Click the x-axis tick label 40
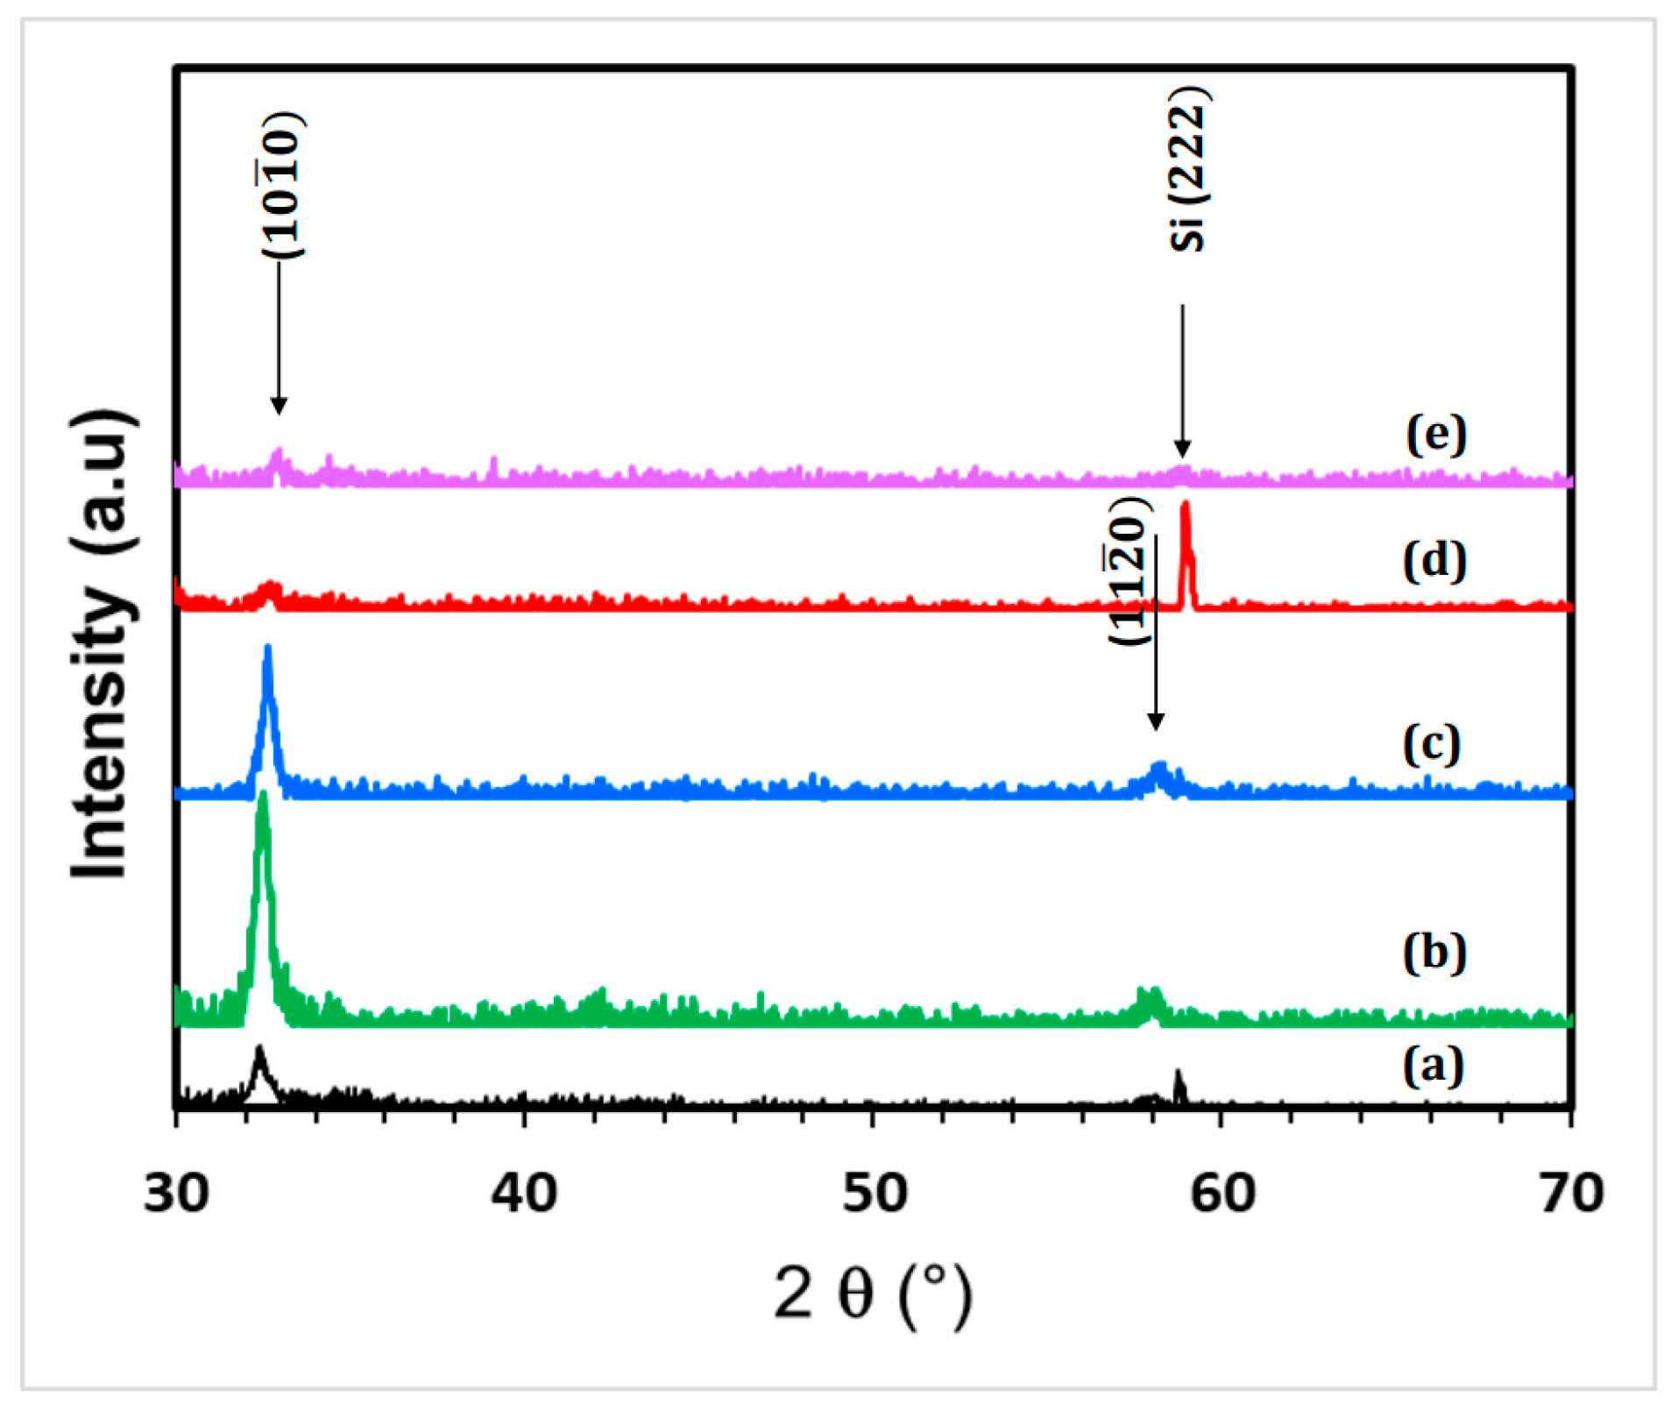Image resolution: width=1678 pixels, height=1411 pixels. tap(524, 1193)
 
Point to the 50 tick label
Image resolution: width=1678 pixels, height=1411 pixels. tap(874, 1193)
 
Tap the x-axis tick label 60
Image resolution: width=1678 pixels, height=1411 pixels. tap(1222, 1193)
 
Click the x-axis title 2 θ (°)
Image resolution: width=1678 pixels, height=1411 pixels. tap(873, 1296)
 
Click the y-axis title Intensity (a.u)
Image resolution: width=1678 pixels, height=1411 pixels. tap(103, 644)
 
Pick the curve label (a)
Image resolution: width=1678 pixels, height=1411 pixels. tap(1434, 1067)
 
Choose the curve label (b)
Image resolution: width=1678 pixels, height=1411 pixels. tap(1434, 952)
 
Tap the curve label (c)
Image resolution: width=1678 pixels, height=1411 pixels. tap(1432, 744)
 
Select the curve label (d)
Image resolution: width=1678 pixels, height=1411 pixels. tap(1434, 561)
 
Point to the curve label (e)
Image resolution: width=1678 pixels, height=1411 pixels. tap(1436, 434)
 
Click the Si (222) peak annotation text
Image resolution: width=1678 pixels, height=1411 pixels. tap(1189, 169)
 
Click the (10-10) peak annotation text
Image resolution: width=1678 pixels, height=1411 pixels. tap(282, 185)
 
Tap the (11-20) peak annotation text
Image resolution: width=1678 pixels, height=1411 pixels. tap(1129, 571)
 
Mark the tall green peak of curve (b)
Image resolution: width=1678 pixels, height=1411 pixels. tap(262, 802)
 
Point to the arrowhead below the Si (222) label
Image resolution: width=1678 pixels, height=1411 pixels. tap(1183, 449)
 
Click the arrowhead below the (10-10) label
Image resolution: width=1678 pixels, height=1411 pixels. tap(279, 406)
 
